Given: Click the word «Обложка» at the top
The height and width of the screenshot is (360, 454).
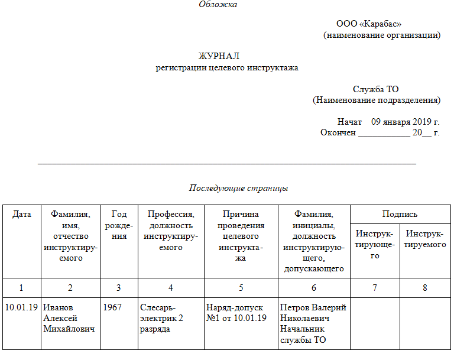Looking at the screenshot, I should point(218,5).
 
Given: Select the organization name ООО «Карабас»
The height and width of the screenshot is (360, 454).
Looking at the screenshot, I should point(369,24).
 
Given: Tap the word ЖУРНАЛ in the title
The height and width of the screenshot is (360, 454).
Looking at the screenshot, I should point(219,56).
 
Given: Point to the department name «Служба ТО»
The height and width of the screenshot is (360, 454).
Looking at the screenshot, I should point(376,89).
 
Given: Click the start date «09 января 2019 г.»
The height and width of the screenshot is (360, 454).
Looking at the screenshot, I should point(406,122).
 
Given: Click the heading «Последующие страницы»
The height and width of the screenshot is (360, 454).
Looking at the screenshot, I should point(238,188).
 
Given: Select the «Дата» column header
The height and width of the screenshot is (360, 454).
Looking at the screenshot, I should point(22,215).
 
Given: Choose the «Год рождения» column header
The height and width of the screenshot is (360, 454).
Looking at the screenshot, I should point(119,225).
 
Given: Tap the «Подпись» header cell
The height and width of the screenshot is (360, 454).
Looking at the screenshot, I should point(400,215).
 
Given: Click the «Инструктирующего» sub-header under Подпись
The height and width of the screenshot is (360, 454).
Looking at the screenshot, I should point(375,245).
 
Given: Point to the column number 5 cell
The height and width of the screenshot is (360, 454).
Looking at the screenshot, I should point(241,288).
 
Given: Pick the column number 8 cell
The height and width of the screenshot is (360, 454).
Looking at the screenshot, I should point(424,288).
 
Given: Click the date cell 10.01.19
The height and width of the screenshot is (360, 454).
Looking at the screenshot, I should point(21,307).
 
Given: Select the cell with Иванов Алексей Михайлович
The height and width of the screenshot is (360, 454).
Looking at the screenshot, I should point(69,318).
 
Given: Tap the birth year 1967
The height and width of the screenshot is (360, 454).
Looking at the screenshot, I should point(112,307).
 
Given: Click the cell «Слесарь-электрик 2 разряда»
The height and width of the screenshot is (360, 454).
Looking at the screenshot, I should point(162,318).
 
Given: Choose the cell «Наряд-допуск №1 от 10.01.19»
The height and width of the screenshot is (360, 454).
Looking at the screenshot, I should point(236,313).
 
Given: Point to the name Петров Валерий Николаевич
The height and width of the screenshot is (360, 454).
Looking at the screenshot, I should point(313,313).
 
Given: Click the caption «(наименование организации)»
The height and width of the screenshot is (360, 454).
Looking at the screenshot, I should point(381,35).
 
